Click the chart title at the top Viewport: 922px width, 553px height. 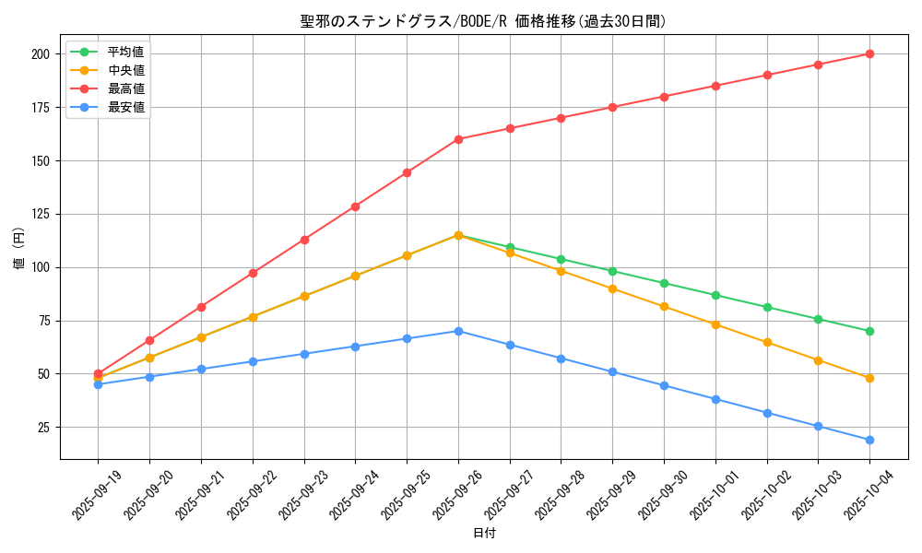(x=483, y=21)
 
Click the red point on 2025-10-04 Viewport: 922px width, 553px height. (x=869, y=53)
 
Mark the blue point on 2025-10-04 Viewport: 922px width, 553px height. (x=869, y=440)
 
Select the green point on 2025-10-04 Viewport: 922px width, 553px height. (x=869, y=331)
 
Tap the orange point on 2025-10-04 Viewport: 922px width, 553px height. (x=869, y=378)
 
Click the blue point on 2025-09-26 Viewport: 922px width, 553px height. (x=458, y=331)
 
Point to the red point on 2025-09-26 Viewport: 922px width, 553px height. (x=458, y=139)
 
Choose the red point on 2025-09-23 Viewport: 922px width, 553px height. (x=304, y=240)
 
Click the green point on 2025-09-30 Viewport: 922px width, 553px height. (x=664, y=283)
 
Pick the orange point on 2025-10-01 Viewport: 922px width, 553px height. (x=715, y=324)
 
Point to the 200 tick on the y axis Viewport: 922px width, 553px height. (x=40, y=54)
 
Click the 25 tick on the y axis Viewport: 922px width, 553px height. (x=42, y=428)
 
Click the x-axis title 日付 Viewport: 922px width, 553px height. (x=484, y=534)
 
